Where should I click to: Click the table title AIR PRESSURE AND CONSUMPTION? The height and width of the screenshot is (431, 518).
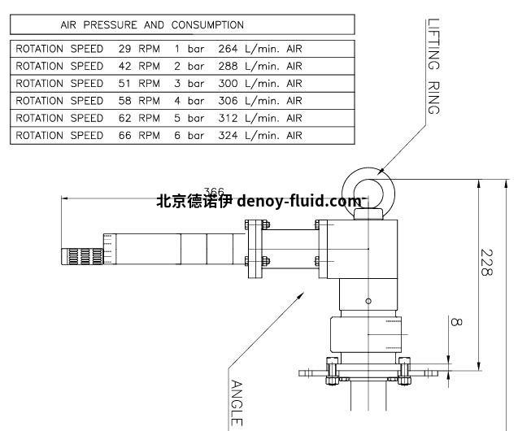152,25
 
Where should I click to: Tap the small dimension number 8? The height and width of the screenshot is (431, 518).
455,322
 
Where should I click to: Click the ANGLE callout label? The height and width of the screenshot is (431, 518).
237,402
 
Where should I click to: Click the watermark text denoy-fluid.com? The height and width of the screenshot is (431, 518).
299,202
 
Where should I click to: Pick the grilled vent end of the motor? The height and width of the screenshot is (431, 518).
81,255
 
